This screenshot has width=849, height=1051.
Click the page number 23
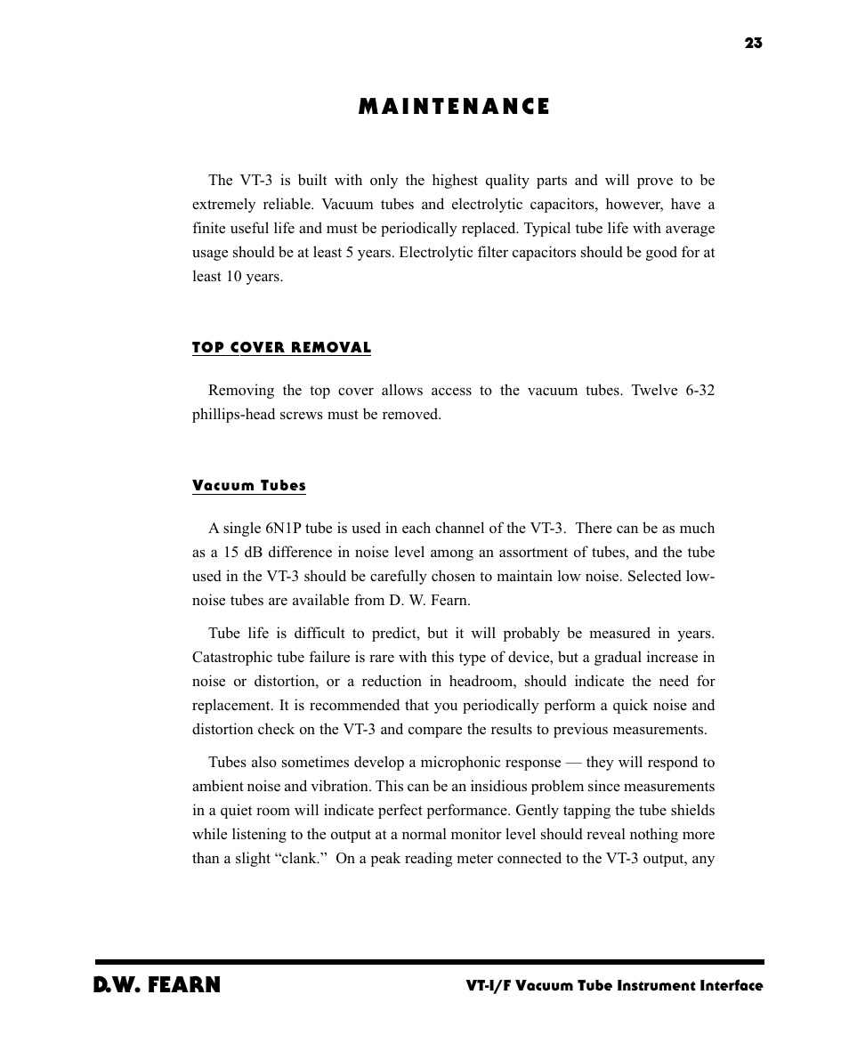tap(753, 44)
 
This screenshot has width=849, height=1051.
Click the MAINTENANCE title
tap(454, 107)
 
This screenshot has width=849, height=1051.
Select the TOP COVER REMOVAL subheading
tap(281, 348)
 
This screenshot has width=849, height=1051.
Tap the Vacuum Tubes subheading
tap(249, 486)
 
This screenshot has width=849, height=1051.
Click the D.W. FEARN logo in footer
tap(158, 985)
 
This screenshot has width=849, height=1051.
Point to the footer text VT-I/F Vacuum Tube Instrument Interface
tap(614, 986)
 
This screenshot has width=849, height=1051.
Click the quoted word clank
tap(297, 859)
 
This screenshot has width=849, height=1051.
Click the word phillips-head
tap(232, 415)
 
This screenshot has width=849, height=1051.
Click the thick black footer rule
tap(429, 962)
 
